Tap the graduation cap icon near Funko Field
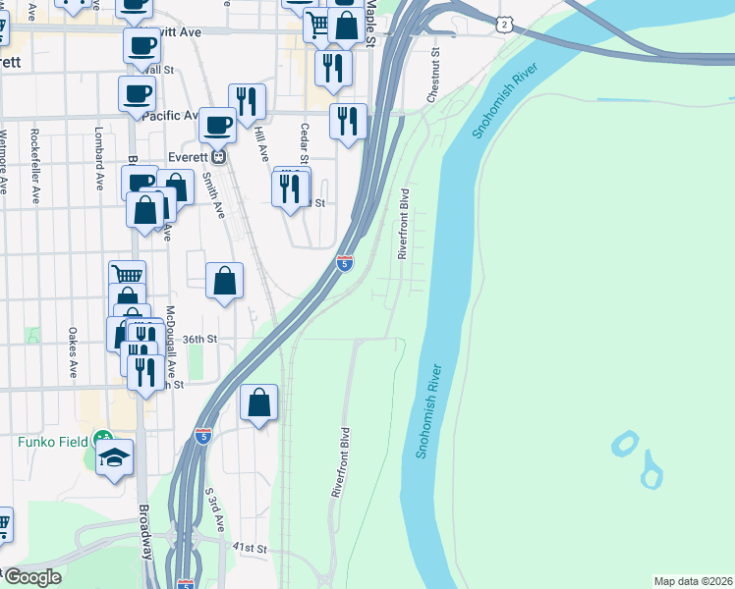click(x=114, y=457)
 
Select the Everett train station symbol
click(x=221, y=156)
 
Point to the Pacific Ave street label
click(x=171, y=115)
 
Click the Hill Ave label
click(x=261, y=142)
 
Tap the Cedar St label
click(x=305, y=143)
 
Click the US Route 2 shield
click(x=504, y=23)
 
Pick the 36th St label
click(x=198, y=339)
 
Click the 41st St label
click(x=250, y=547)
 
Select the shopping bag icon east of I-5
click(x=258, y=402)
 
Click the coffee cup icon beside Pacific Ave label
click(x=217, y=125)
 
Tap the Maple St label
click(x=370, y=22)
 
